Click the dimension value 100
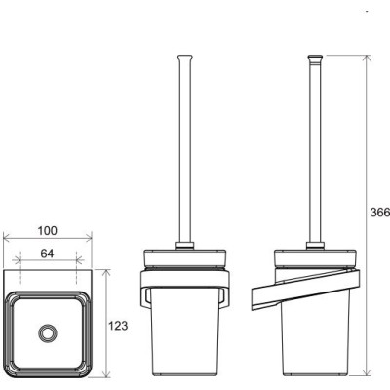(48, 231)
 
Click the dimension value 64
(47, 253)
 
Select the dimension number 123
(118, 326)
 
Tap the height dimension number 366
(380, 213)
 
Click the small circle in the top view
(48, 332)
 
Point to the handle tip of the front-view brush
(185, 58)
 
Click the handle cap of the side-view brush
(314, 58)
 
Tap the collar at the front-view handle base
(185, 246)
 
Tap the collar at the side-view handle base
(315, 246)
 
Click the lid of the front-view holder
(185, 258)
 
